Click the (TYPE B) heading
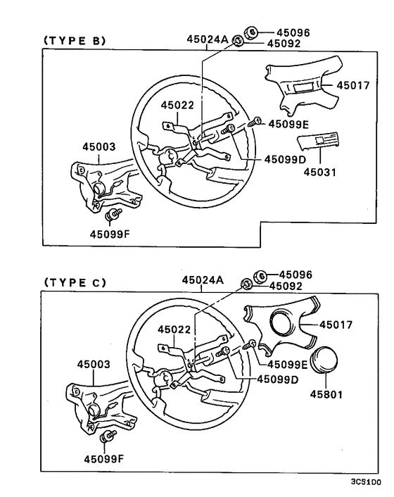(x=75, y=41)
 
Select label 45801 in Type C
(x=326, y=394)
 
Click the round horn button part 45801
(x=324, y=363)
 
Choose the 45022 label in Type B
(x=177, y=105)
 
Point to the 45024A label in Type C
(x=202, y=279)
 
